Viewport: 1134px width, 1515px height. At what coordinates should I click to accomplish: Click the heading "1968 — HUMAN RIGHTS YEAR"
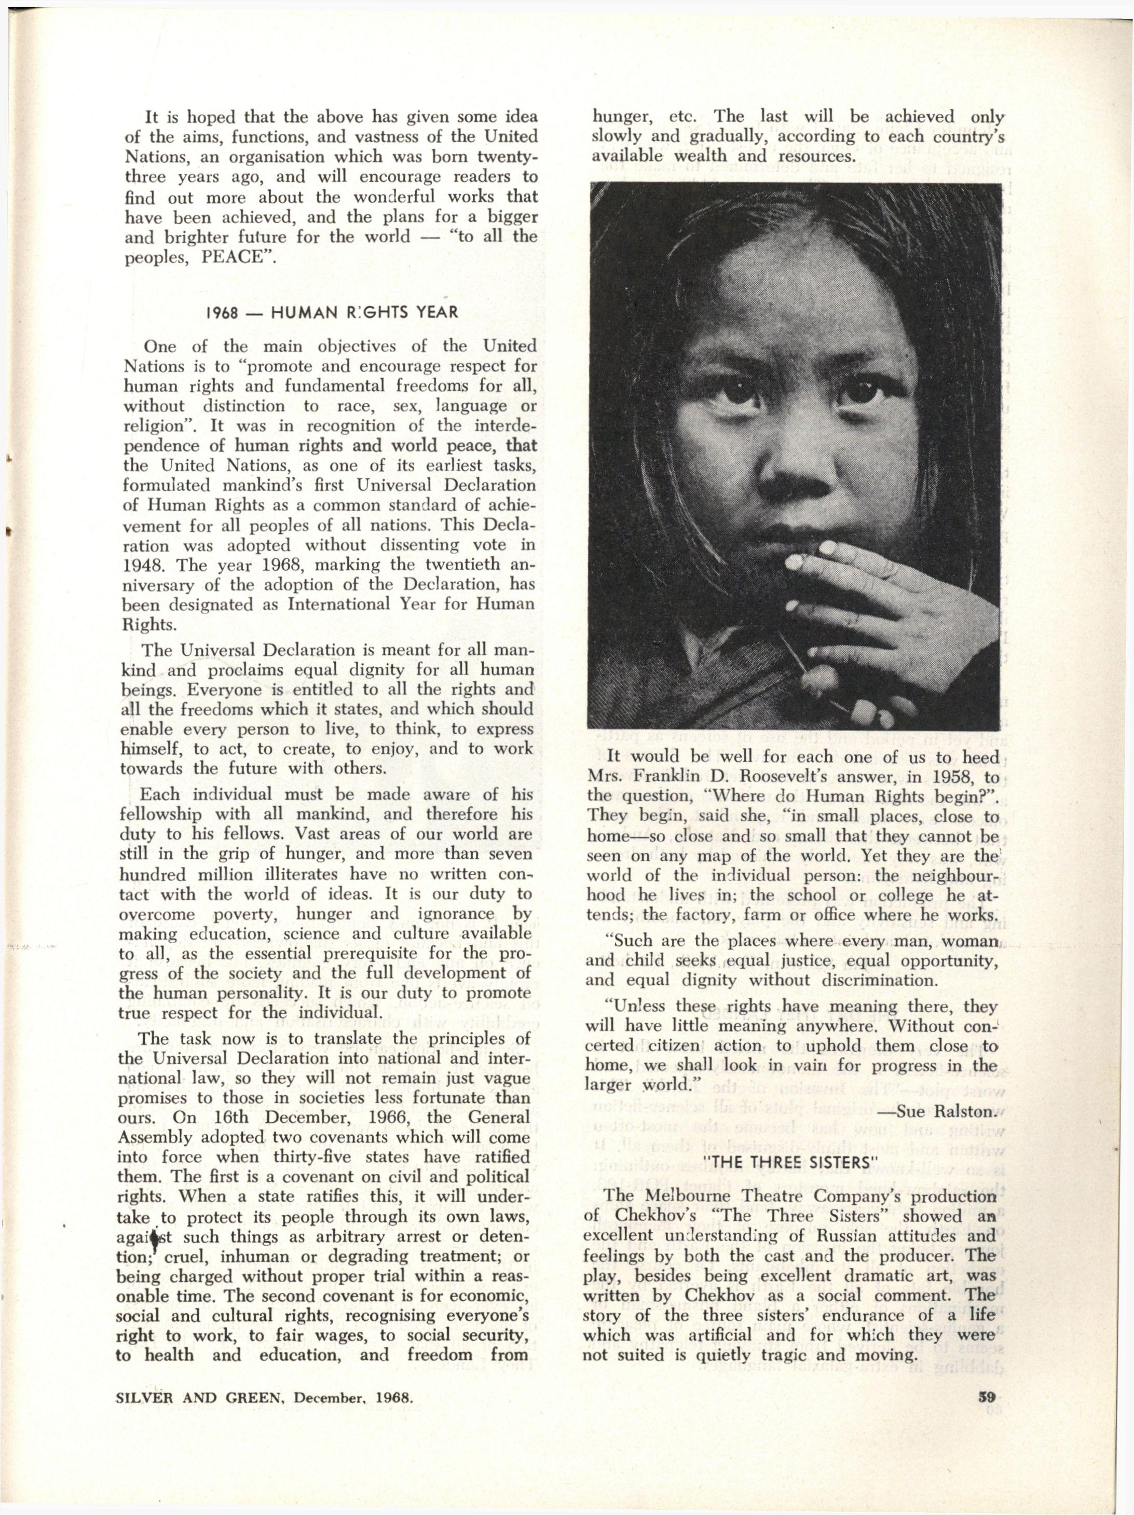(332, 314)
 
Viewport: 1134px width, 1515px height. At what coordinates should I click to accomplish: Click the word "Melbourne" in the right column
(709, 1196)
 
